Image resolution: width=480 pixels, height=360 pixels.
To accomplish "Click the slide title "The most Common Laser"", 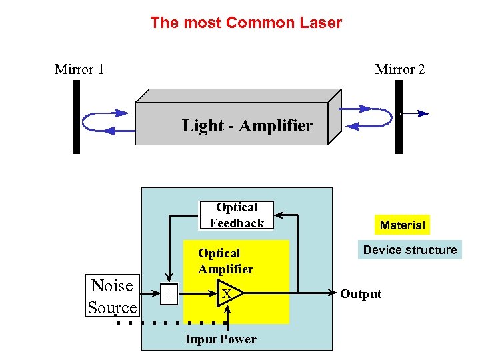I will coord(246,23).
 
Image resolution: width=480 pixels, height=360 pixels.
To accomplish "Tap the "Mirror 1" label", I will coord(79,69).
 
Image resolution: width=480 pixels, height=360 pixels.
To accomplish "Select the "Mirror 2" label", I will coord(399,69).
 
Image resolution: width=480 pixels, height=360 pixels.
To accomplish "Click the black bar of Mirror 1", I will coord(77,117).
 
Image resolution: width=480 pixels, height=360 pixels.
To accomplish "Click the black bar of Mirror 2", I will coord(399,117).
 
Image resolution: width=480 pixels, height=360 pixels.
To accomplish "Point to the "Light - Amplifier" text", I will coord(247,125).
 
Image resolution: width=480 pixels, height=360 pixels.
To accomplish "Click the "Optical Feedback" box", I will coord(237,215).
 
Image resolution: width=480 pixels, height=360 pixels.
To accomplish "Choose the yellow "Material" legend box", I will coord(402,225).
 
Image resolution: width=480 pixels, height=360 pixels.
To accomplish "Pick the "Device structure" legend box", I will coord(410,250).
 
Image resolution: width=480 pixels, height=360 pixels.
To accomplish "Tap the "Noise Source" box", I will coord(112,297).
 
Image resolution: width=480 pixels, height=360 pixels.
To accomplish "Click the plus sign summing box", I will coord(170,294).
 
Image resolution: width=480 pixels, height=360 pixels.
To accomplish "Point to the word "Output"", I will coord(361,294).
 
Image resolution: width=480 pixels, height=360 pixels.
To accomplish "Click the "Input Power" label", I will coord(220,339).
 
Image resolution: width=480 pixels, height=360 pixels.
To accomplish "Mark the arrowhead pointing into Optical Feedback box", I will coord(279,215).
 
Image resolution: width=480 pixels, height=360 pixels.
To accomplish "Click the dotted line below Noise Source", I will coord(167,323).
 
